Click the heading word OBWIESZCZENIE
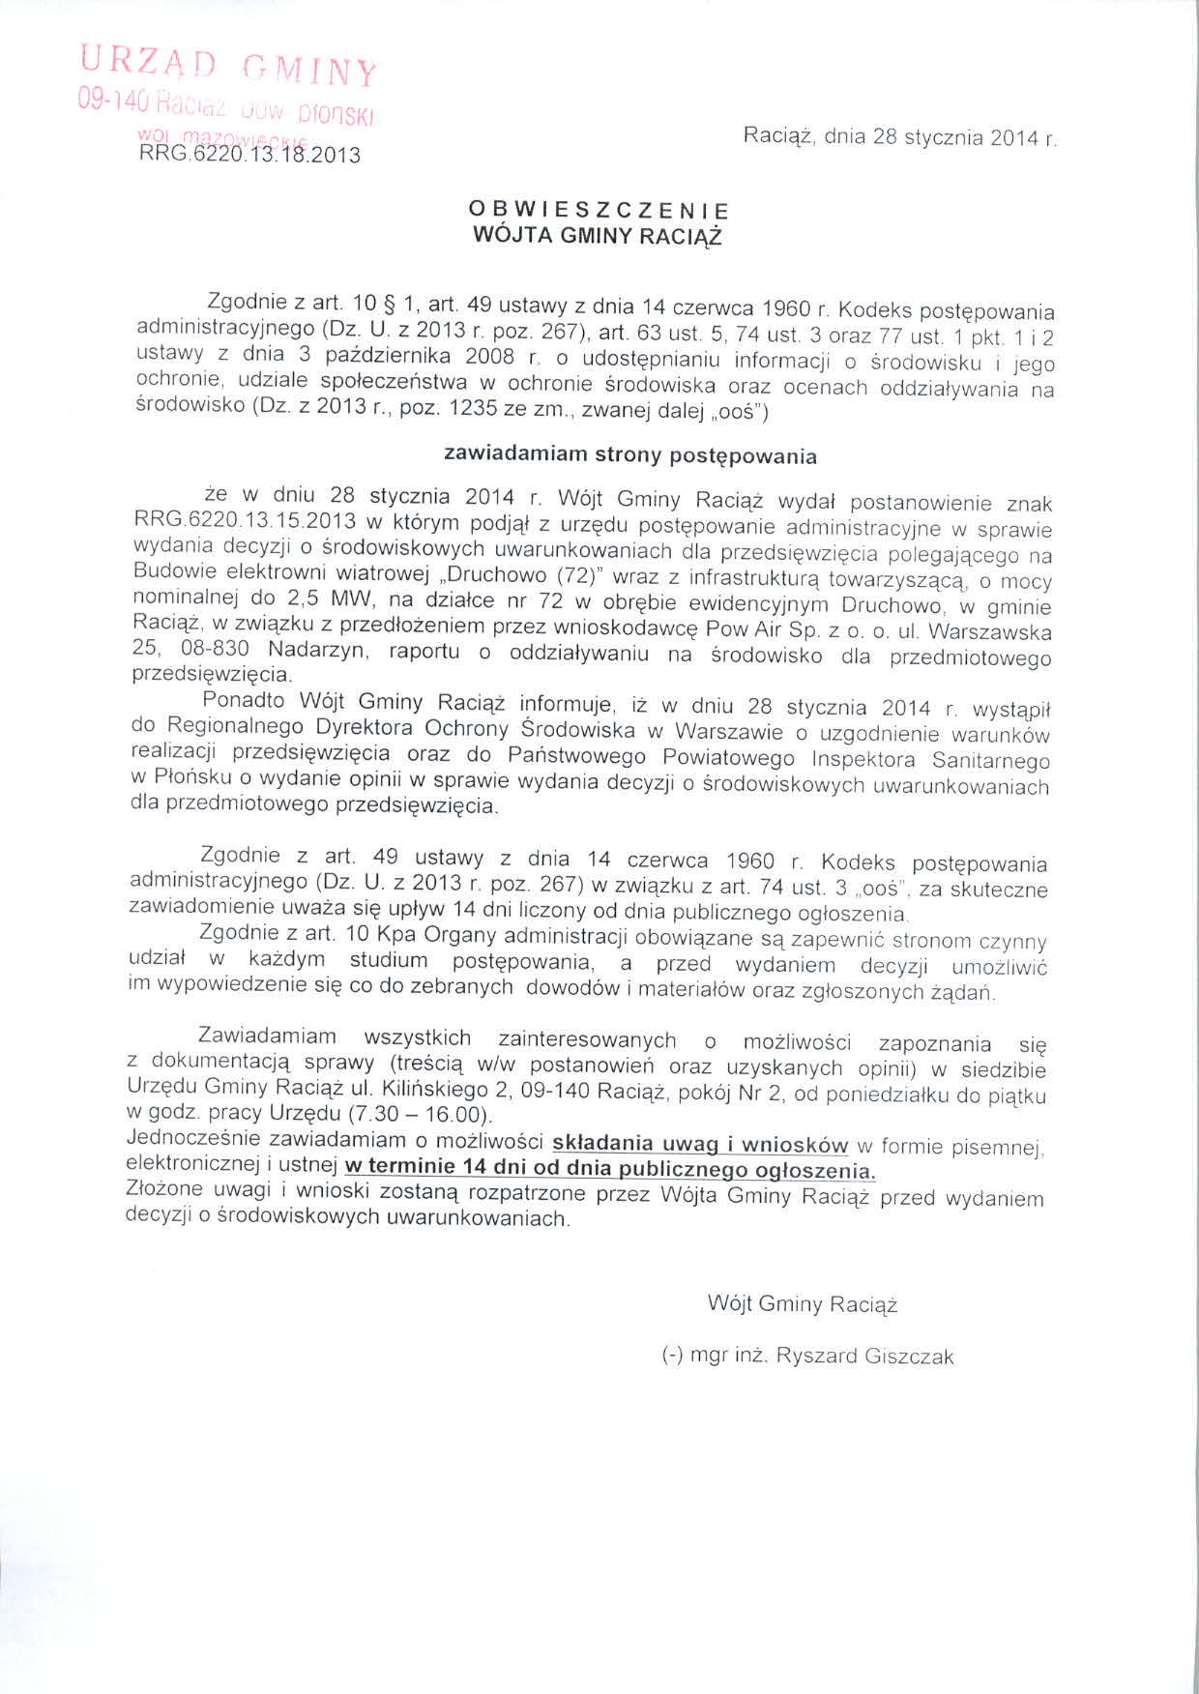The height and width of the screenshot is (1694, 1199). (x=599, y=210)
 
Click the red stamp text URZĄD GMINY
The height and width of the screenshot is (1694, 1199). (x=228, y=66)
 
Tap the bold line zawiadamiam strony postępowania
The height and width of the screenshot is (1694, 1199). (x=629, y=454)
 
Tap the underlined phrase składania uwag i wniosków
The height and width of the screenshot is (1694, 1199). (x=699, y=1144)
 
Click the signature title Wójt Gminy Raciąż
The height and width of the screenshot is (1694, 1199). (x=803, y=1304)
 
